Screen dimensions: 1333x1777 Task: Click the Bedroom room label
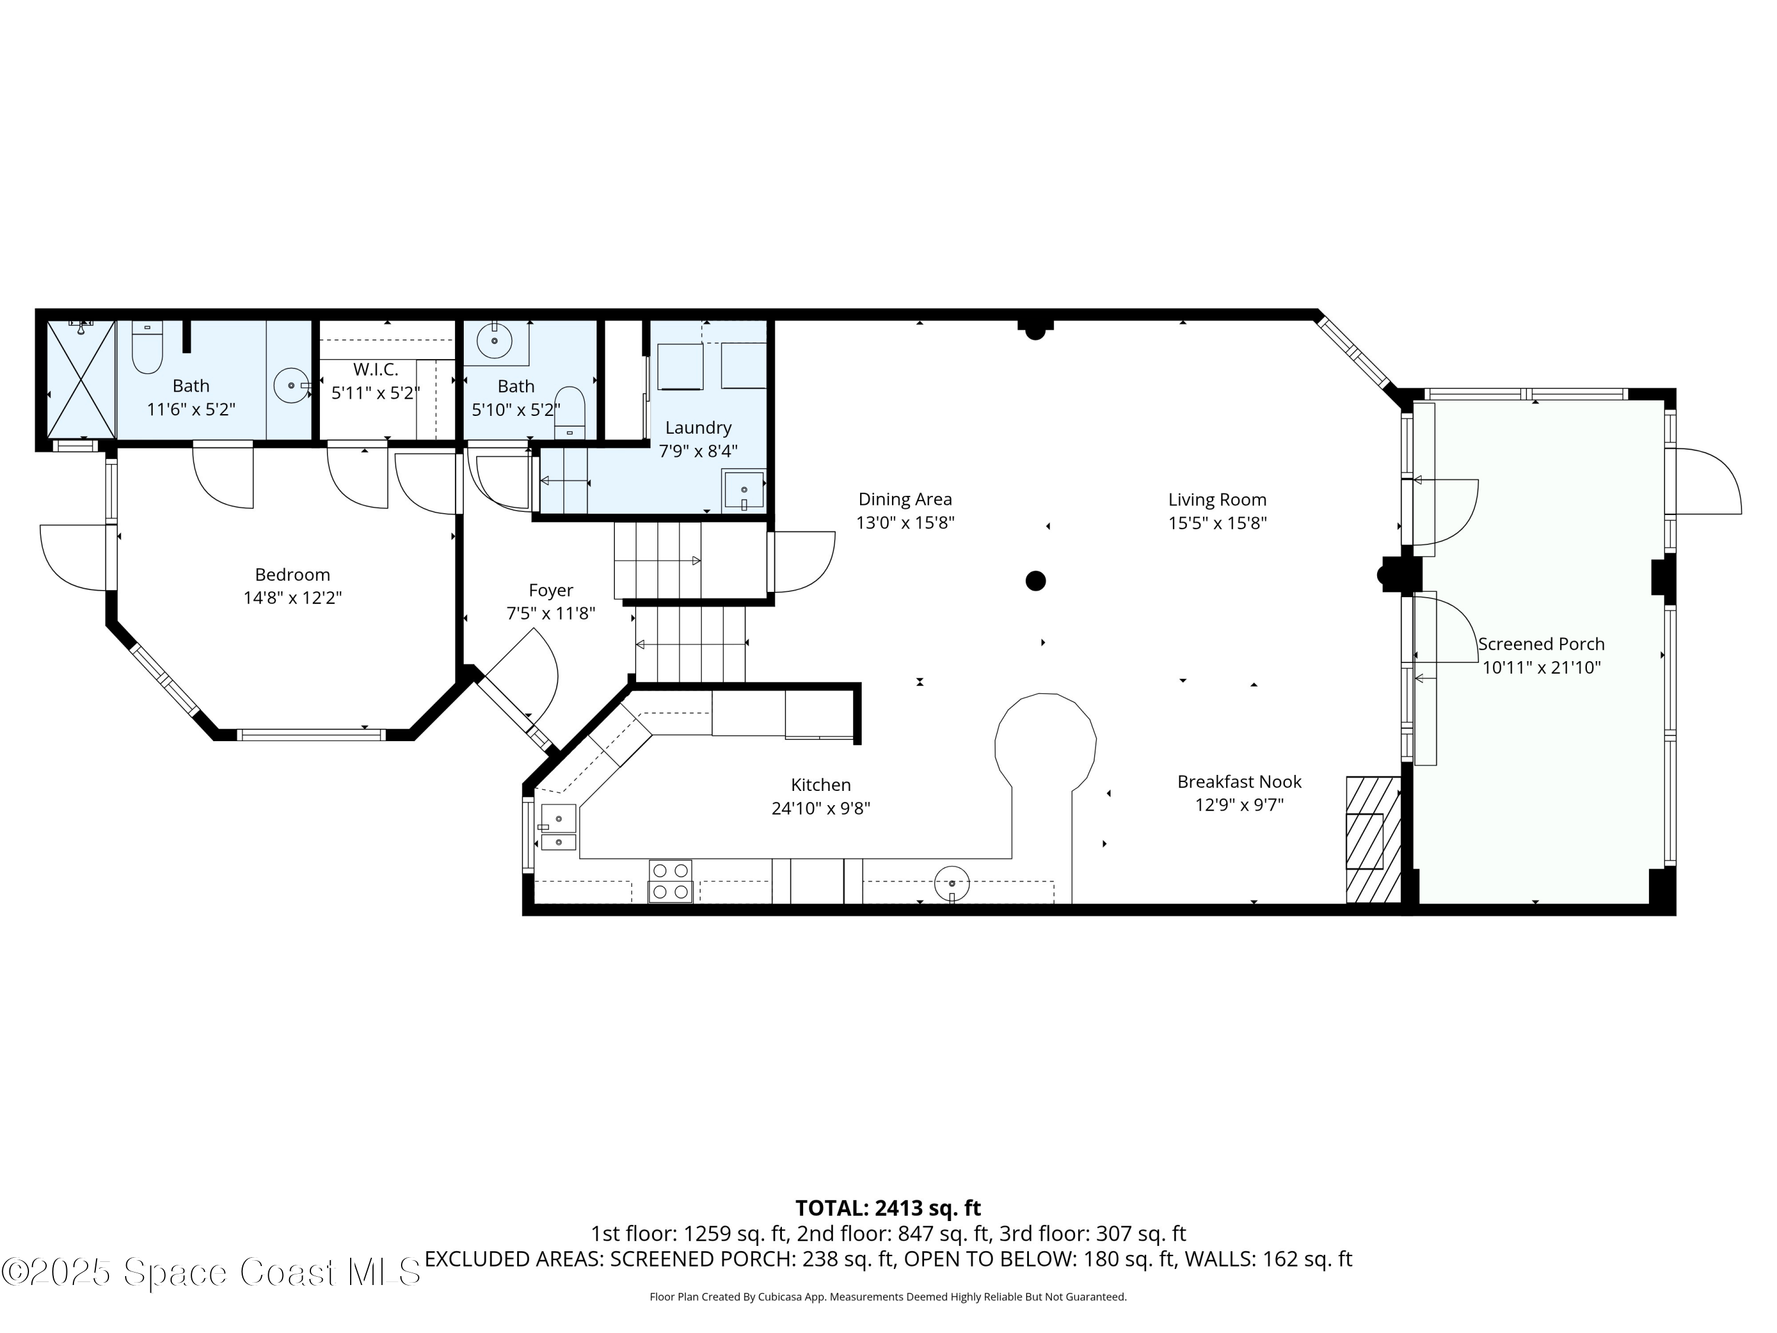pyautogui.click(x=293, y=575)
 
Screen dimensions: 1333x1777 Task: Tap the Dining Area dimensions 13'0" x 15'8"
pyautogui.click(x=904, y=523)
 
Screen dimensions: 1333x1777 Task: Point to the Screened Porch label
pyautogui.click(x=1541, y=643)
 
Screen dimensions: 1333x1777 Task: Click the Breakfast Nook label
pyautogui.click(x=1239, y=781)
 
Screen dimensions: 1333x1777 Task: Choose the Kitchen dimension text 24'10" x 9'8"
pyautogui.click(x=820, y=808)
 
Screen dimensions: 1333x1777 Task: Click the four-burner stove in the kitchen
pyautogui.click(x=670, y=880)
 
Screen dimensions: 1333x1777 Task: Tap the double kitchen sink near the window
pyautogui.click(x=559, y=827)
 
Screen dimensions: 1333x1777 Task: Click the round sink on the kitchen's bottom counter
pyautogui.click(x=951, y=883)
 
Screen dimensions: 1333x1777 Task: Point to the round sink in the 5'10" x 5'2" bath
pyautogui.click(x=493, y=341)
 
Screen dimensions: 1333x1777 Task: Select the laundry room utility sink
pyautogui.click(x=743, y=490)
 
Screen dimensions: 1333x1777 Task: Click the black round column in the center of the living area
pyautogui.click(x=1035, y=580)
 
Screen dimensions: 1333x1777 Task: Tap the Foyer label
pyautogui.click(x=550, y=591)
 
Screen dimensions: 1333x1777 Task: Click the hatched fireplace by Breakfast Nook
pyautogui.click(x=1372, y=839)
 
